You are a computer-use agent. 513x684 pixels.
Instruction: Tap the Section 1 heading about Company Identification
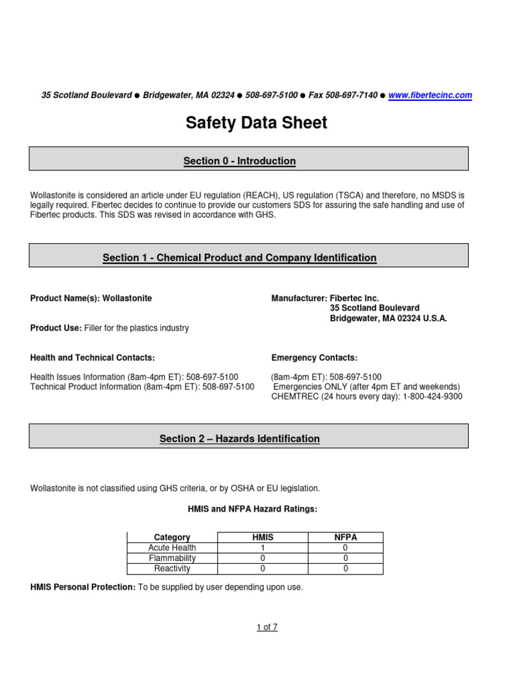click(x=240, y=258)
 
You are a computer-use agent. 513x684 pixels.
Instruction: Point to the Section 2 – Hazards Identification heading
click(x=240, y=439)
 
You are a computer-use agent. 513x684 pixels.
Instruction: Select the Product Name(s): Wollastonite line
click(x=92, y=299)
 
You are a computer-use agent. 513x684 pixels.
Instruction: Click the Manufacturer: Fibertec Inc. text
click(x=325, y=299)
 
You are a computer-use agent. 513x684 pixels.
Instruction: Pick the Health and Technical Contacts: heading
click(x=93, y=358)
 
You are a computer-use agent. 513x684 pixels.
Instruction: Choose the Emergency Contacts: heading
click(x=314, y=358)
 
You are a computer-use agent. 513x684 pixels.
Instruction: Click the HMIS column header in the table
click(x=263, y=537)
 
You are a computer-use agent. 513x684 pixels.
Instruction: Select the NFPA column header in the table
click(x=345, y=537)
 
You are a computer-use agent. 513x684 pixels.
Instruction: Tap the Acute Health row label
click(x=172, y=548)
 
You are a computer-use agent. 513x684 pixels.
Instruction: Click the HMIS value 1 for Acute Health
click(x=263, y=548)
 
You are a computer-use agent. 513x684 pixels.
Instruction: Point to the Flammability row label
click(x=172, y=558)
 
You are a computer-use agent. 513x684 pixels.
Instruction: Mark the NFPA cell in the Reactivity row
click(x=345, y=569)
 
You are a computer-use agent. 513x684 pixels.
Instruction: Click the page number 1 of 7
click(x=267, y=627)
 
